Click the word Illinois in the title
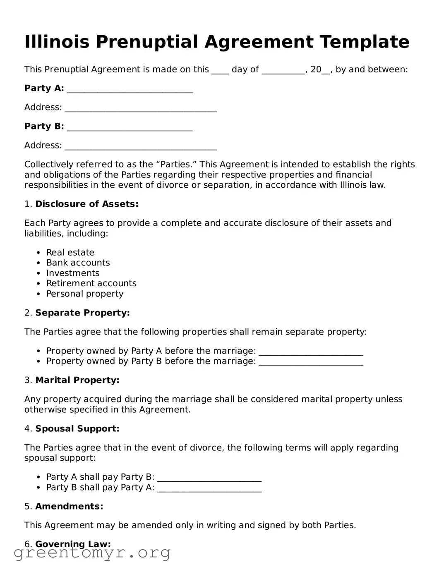[x=57, y=42]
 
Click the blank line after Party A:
[x=130, y=89]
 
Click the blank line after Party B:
[x=130, y=127]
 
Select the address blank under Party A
[x=141, y=108]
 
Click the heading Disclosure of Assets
[x=86, y=204]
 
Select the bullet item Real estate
[x=70, y=252]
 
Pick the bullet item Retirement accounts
[x=91, y=283]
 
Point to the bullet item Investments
[x=72, y=273]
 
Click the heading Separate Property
[x=82, y=313]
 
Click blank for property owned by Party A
[x=311, y=352]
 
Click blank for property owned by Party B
[x=311, y=362]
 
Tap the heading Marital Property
[x=77, y=380]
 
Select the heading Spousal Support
[x=77, y=428]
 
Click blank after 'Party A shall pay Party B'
[x=209, y=478]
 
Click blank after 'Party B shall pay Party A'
[x=209, y=488]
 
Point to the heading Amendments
[x=69, y=506]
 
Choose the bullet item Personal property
[x=84, y=294]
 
